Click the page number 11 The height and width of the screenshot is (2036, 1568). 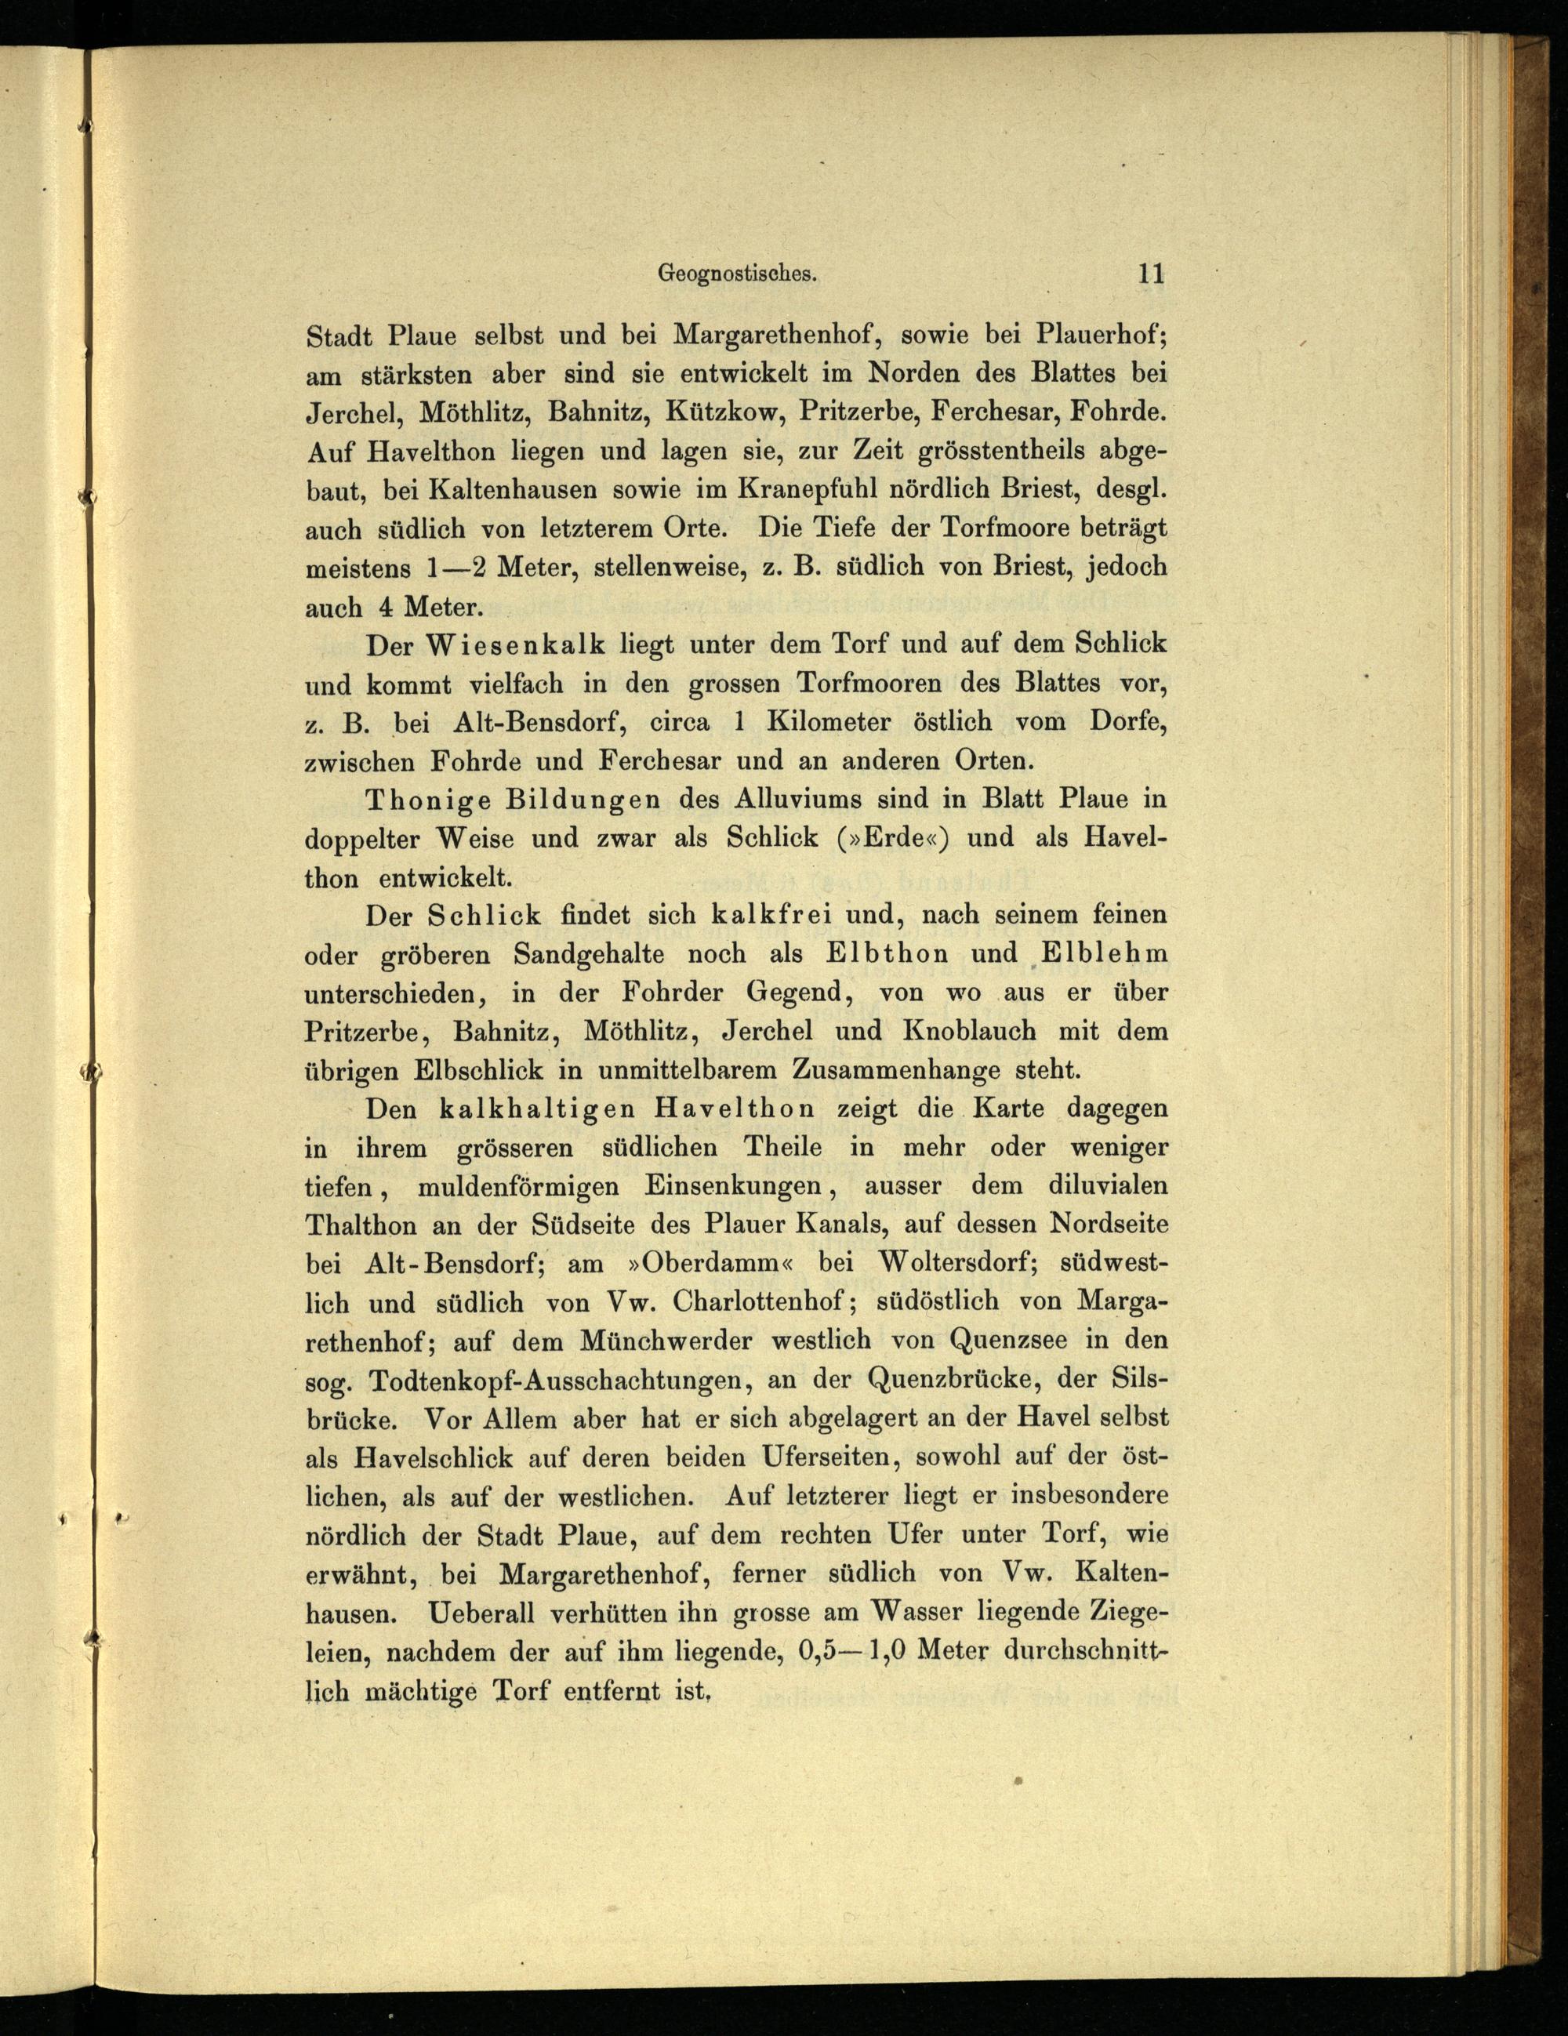tap(1149, 274)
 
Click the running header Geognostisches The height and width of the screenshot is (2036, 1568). tap(739, 274)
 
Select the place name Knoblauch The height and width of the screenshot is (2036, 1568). tap(970, 1031)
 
